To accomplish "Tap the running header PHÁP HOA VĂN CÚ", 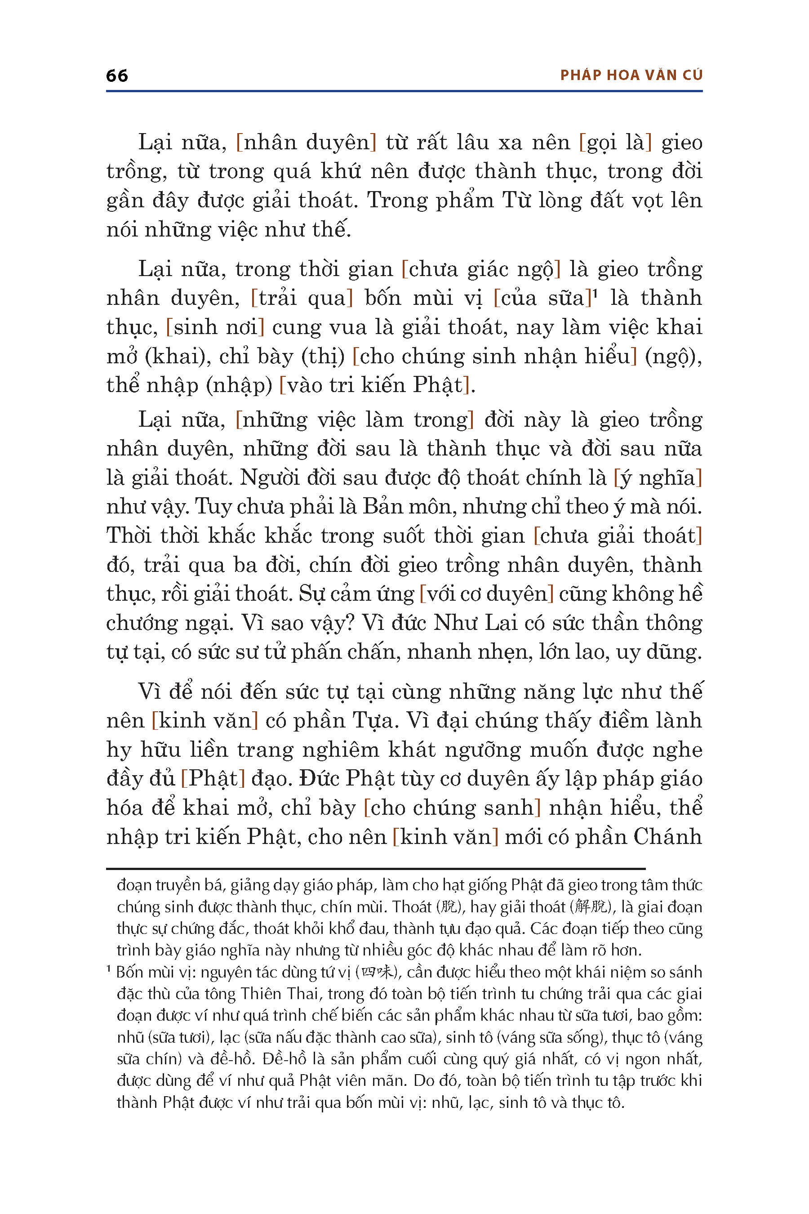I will click(631, 76).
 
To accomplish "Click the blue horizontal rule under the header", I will click(404, 91).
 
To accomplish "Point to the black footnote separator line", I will click(376, 869).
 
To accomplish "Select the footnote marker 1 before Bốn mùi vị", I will click(109, 969).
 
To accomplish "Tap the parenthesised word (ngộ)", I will click(673, 357).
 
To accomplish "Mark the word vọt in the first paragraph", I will click(647, 200).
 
